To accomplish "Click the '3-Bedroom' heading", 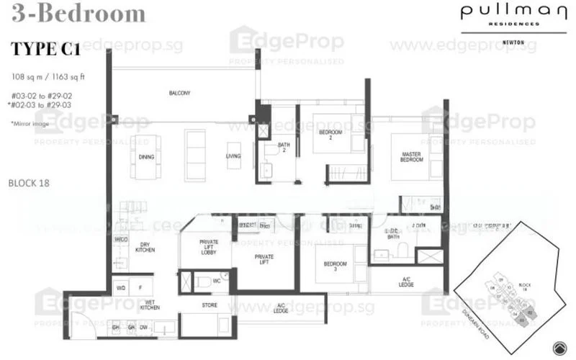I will pyautogui.click(x=78, y=13).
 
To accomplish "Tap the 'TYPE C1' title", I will pyautogui.click(x=46, y=50).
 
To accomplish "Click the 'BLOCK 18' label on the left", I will pyautogui.click(x=28, y=183).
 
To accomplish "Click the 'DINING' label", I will pyautogui.click(x=146, y=156).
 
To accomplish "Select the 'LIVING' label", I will pyautogui.click(x=233, y=156).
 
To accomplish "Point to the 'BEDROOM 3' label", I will pyautogui.click(x=331, y=267).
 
